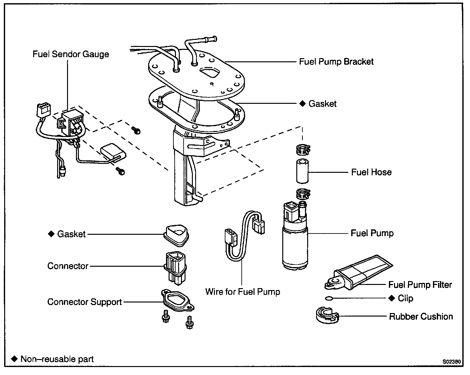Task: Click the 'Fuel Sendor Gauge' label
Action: tap(71, 54)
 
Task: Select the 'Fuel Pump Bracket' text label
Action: tap(336, 62)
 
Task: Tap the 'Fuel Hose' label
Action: tap(371, 172)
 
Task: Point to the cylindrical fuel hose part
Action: tap(302, 171)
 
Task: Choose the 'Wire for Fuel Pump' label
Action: tap(243, 292)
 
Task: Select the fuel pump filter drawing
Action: tap(358, 273)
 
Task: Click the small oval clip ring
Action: tap(329, 298)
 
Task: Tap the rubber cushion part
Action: tap(327, 315)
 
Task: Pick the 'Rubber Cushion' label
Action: tap(421, 317)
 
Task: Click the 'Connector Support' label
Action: tap(84, 302)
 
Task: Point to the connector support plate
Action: tap(178, 300)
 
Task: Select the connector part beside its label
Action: tap(175, 268)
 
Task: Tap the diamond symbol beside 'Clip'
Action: tap(392, 298)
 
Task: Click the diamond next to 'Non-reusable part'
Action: tap(14, 359)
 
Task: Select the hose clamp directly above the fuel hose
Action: tap(303, 150)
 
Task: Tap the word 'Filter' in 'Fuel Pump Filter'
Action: tap(441, 285)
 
